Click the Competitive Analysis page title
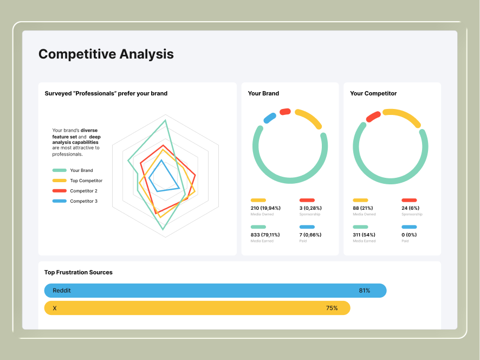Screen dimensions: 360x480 106,54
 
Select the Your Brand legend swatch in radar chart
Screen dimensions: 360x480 60,170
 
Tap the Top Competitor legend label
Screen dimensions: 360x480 86,181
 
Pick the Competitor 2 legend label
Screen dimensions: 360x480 83,191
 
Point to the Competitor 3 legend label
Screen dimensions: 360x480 83,201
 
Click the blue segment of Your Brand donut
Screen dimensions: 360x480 269,118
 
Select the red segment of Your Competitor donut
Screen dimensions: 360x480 373,117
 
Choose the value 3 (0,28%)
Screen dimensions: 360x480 310,208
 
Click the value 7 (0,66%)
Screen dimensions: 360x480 310,235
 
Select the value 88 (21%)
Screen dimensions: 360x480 363,208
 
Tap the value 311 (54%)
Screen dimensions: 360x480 364,235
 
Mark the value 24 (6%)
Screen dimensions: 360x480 410,208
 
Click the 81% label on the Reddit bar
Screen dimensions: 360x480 365,291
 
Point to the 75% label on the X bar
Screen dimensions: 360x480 332,308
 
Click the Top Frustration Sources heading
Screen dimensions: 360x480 79,272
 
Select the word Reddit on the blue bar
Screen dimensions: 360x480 62,291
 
